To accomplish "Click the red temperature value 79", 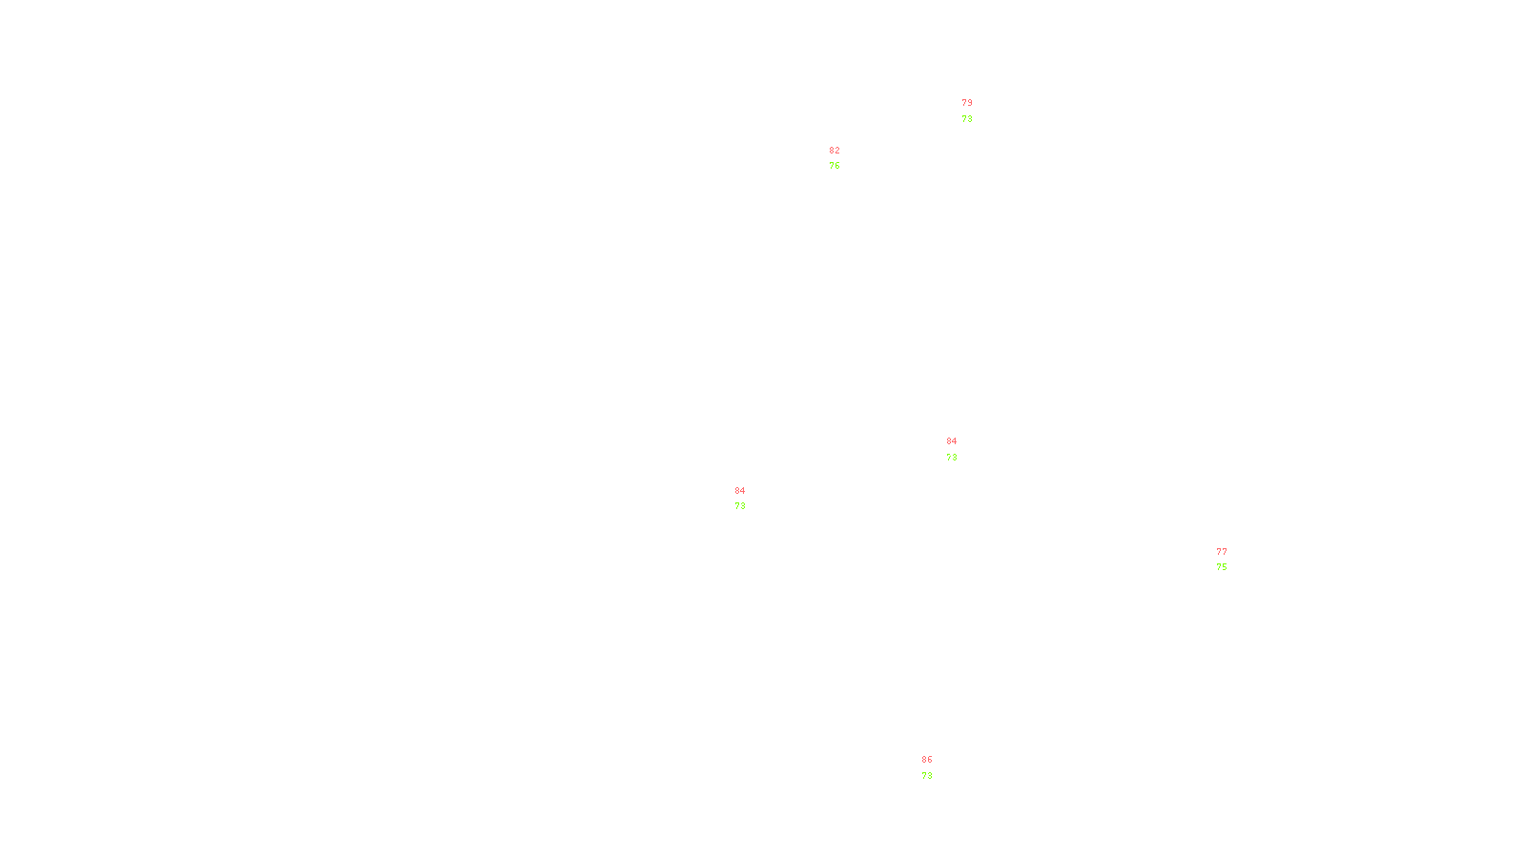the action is click(967, 103).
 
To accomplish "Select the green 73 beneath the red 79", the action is click(967, 119).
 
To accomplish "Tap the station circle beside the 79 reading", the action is click(976, 112).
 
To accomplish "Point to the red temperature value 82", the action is click(835, 151).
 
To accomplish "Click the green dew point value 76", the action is click(835, 166).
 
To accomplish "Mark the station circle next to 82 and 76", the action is click(844, 158).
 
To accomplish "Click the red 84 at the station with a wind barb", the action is click(952, 441).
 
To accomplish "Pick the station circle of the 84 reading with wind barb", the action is click(961, 449).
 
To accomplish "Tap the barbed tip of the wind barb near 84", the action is click(940, 459).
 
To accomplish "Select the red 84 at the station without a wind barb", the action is click(740, 491).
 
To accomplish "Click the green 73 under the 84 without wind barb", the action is click(740, 506).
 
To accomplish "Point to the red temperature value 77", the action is click(1222, 552).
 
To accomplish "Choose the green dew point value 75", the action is click(1222, 567).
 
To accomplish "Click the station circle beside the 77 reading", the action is click(1230, 560).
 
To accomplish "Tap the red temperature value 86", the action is click(927, 760).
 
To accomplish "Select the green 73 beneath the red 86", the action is click(927, 776).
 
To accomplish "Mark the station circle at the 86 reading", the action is click(936, 768).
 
